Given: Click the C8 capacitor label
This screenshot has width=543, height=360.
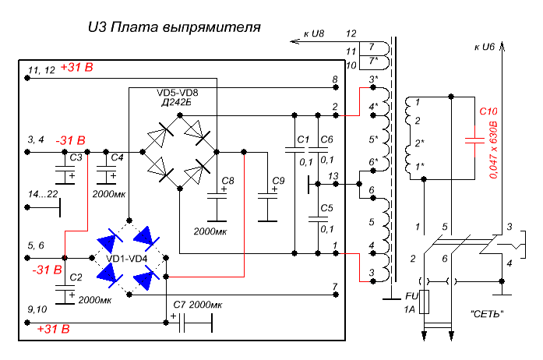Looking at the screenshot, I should point(228,181).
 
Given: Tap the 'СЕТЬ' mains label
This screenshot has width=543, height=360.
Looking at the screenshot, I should point(488,314).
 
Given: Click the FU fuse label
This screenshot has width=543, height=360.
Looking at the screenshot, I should point(412,296).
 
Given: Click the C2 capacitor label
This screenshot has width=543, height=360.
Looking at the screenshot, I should point(76,277).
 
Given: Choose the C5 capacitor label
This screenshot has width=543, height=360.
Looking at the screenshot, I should point(326,208).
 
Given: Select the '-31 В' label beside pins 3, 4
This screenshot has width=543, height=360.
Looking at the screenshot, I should point(71,140).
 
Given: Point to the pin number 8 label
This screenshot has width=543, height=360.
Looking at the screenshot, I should point(334,79).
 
